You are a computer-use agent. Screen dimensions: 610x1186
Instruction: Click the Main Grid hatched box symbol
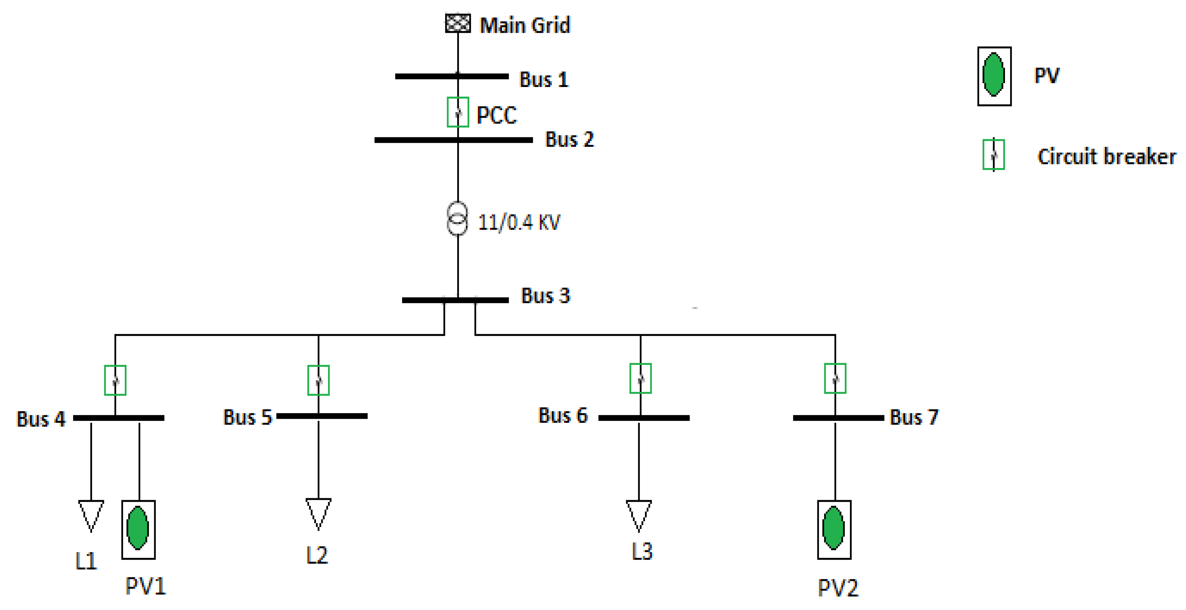coord(458,23)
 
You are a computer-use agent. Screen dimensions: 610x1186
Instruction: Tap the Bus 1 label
coord(544,80)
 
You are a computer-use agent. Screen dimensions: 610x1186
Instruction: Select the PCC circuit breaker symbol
coord(458,112)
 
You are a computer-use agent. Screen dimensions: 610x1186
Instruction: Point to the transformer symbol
coord(457,219)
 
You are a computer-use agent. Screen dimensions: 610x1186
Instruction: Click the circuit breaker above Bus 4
coord(115,380)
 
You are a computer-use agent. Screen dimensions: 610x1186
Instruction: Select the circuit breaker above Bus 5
coord(318,380)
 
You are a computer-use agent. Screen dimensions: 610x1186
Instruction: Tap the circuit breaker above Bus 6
coord(640,378)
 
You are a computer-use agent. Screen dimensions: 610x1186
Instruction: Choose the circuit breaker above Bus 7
coord(835,378)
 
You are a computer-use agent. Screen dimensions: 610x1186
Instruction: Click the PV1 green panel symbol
coord(138,529)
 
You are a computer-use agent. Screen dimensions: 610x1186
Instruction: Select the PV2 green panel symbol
coord(834,529)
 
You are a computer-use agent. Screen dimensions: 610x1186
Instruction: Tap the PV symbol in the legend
coord(994,76)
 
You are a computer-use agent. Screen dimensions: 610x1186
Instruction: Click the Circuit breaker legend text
coord(1106,156)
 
